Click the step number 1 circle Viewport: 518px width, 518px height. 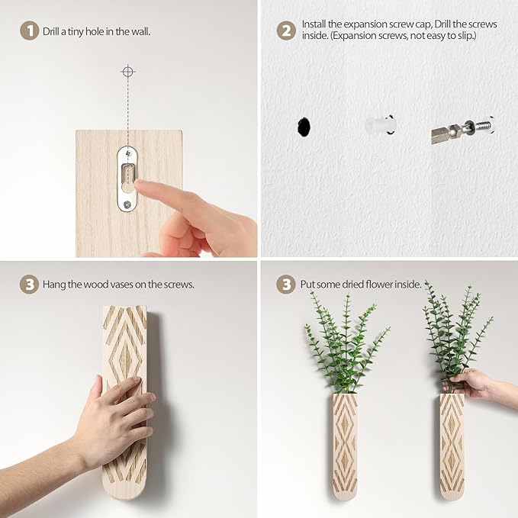29,32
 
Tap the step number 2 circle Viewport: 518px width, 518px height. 285,32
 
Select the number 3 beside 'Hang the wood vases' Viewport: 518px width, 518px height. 29,285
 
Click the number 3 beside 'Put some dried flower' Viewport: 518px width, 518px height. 285,285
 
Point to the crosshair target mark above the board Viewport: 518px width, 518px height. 128,72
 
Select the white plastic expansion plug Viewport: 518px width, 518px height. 379,125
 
